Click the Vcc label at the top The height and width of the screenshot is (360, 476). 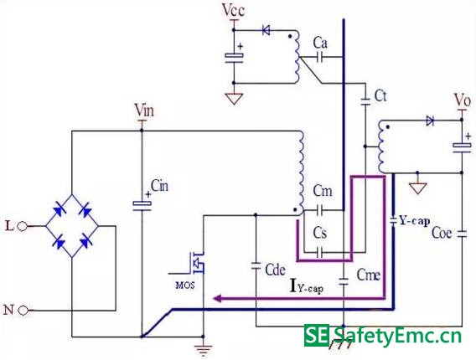click(x=233, y=10)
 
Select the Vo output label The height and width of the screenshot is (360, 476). click(x=463, y=100)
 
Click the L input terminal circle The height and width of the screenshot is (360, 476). click(x=22, y=226)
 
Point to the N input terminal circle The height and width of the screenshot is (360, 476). click(x=23, y=311)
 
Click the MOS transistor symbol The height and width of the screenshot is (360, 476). click(x=196, y=263)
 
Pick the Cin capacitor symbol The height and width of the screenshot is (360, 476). click(x=142, y=206)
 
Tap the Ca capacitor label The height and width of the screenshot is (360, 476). click(x=320, y=43)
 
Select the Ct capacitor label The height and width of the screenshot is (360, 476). click(x=380, y=95)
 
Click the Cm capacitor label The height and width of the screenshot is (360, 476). click(x=323, y=191)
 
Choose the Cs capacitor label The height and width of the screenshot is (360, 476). click(x=320, y=233)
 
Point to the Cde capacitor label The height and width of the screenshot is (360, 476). click(x=275, y=270)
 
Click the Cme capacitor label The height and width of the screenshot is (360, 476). click(x=368, y=275)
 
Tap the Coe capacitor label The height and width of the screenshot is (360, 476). click(x=442, y=233)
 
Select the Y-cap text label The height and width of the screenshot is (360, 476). click(x=415, y=221)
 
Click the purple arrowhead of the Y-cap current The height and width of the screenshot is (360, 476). click(x=217, y=298)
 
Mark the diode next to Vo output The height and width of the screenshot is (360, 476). click(x=430, y=121)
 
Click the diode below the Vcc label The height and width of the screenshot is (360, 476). click(x=266, y=30)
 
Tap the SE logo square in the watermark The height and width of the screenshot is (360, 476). click(x=316, y=335)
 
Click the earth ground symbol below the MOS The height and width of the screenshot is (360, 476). click(x=203, y=350)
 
